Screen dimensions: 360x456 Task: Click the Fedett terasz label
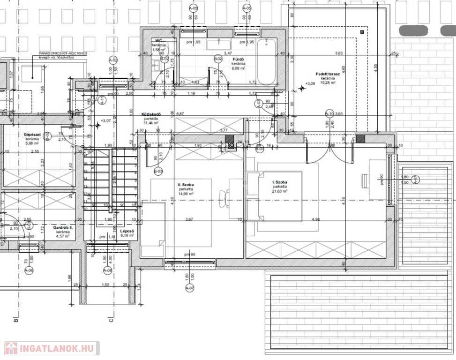326,74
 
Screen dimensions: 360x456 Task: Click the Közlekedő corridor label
151,114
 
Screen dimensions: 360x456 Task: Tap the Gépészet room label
32,135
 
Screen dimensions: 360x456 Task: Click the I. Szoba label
280,181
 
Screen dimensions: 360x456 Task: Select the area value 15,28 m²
326,83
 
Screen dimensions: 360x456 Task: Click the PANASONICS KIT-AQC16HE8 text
62,54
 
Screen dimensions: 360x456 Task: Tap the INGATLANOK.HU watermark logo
50,348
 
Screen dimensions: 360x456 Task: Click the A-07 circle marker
190,287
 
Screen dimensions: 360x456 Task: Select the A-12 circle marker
113,60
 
